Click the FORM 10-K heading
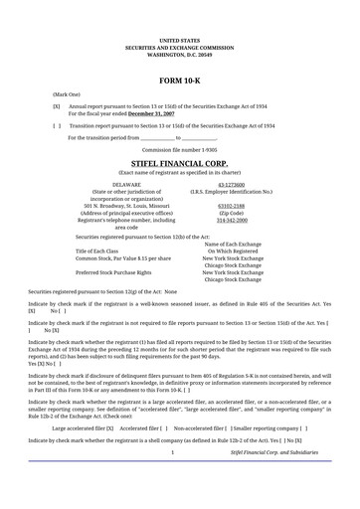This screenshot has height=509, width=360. tap(179, 78)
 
